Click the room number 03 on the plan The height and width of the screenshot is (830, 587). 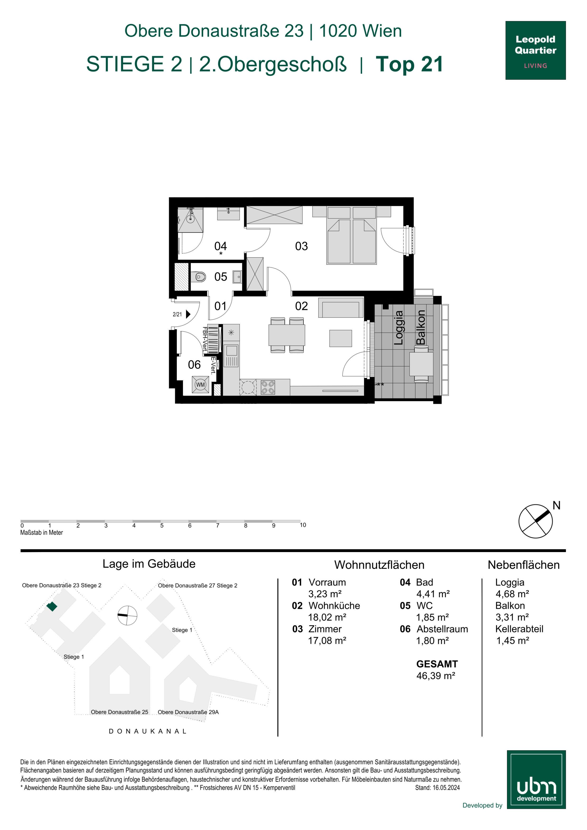[301, 246]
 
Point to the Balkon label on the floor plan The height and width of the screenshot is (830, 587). [421, 327]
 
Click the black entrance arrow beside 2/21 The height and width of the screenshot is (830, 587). [188, 314]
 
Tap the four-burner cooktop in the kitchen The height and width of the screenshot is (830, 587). [268, 387]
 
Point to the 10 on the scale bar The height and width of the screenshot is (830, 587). [303, 525]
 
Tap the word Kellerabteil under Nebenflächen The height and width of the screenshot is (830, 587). [519, 629]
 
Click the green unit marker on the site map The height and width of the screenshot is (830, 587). [52, 606]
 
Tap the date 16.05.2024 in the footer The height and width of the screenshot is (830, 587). [446, 788]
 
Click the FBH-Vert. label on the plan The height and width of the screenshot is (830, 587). [205, 339]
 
